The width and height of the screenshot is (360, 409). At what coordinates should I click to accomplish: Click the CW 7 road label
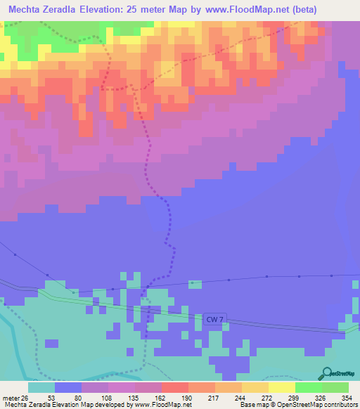(x=214, y=320)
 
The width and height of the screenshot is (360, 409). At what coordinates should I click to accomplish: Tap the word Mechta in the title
(x=27, y=10)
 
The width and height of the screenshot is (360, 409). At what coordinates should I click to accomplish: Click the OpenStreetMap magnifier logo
(x=327, y=372)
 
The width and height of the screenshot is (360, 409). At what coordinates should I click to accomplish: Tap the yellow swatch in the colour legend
(x=281, y=387)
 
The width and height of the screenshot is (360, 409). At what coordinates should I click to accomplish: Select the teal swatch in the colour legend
(x=41, y=387)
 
